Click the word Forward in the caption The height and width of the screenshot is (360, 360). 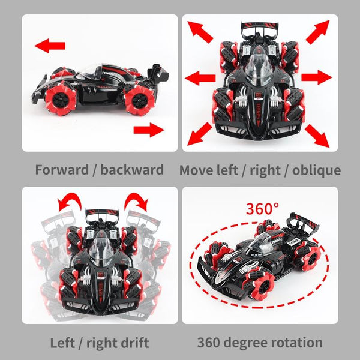pyautogui.click(x=60, y=170)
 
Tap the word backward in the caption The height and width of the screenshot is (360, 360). pyautogui.click(x=132, y=170)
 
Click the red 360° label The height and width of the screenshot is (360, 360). pyautogui.click(x=262, y=209)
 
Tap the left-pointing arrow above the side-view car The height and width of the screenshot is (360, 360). pyautogui.click(x=50, y=45)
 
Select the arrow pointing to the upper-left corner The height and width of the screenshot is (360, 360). pyautogui.click(x=200, y=33)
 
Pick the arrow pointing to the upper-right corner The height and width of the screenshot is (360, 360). pyautogui.click(x=317, y=32)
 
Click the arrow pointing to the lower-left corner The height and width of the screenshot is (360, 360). pyautogui.click(x=200, y=134)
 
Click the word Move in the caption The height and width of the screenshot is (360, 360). pyautogui.click(x=197, y=170)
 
